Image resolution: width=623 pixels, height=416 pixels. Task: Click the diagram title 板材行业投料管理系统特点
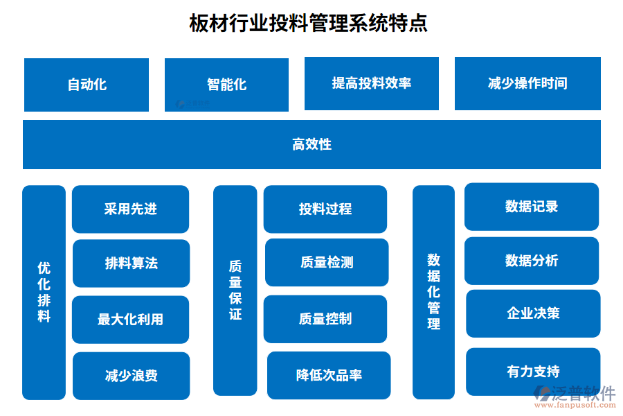pyautogui.click(x=308, y=23)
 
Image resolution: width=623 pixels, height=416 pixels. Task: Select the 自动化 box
pyautogui.click(x=87, y=85)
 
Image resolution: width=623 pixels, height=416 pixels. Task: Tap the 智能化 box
pyautogui.click(x=226, y=85)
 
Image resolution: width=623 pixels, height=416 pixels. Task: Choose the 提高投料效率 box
pyautogui.click(x=372, y=83)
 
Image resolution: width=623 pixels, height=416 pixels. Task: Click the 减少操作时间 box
pyautogui.click(x=527, y=83)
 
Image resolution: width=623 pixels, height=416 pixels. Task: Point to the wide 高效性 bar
pyautogui.click(x=311, y=144)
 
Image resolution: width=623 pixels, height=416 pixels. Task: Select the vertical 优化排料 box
pyautogui.click(x=44, y=292)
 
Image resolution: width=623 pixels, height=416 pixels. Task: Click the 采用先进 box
pyautogui.click(x=130, y=209)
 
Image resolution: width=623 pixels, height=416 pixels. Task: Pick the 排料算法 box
pyautogui.click(x=131, y=263)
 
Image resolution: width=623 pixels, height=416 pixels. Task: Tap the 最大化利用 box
pyautogui.click(x=130, y=320)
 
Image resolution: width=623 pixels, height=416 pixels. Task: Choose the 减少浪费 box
pyautogui.click(x=131, y=376)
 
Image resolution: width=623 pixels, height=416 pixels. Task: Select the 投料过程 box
pyautogui.click(x=325, y=209)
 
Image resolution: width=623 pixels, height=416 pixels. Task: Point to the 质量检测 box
pyautogui.click(x=327, y=262)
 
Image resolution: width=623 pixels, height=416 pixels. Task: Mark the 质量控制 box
pyautogui.click(x=325, y=319)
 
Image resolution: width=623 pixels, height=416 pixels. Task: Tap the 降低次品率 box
pyautogui.click(x=329, y=375)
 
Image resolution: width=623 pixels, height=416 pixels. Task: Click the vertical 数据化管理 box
pyautogui.click(x=433, y=292)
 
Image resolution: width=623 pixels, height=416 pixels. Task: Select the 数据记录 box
pyautogui.click(x=532, y=207)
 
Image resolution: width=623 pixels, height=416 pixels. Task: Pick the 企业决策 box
pyautogui.click(x=533, y=313)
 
